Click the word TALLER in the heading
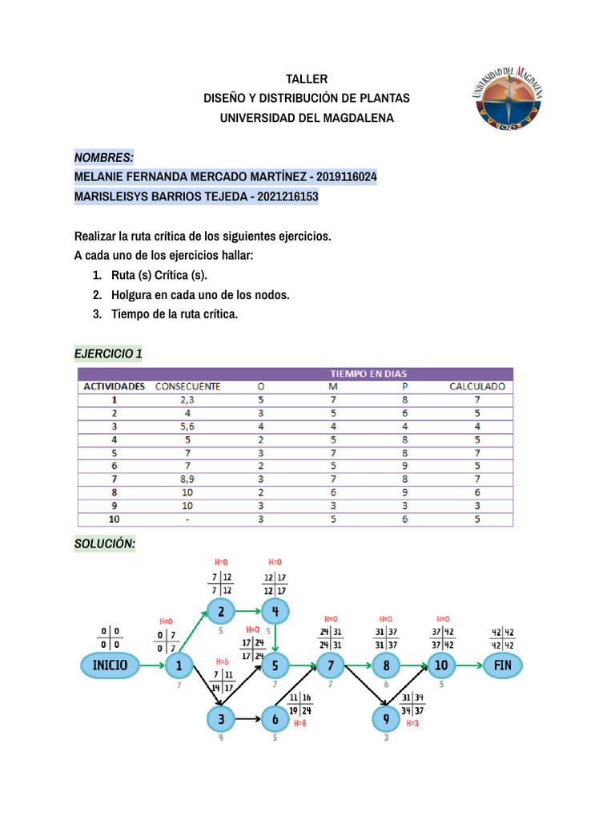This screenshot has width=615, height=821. click(x=307, y=79)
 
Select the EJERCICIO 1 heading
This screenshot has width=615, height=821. click(x=108, y=354)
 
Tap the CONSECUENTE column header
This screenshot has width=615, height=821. click(x=187, y=386)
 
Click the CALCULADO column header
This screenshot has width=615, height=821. click(x=477, y=386)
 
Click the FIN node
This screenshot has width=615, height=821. click(x=502, y=665)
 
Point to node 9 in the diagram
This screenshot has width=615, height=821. click(x=386, y=719)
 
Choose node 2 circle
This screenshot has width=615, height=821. click(x=221, y=613)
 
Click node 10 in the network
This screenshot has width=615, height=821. click(x=441, y=665)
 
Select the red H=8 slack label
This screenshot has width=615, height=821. click(x=299, y=723)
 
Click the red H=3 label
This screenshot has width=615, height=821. click(x=412, y=723)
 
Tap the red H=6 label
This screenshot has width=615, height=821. click(x=222, y=661)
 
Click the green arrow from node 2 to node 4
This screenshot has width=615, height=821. click(x=247, y=613)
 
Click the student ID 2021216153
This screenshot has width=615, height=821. click(x=288, y=196)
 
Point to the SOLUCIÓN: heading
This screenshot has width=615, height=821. click(x=105, y=544)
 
